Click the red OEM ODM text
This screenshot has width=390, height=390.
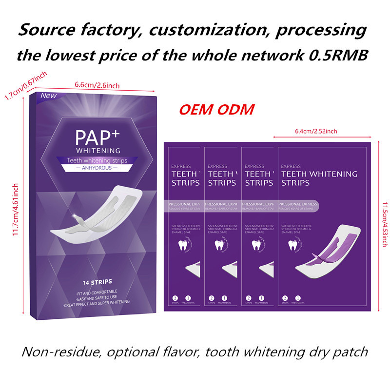click(x=216, y=109)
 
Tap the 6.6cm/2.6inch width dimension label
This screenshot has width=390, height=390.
click(x=97, y=85)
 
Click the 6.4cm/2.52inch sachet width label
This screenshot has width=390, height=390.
click(x=316, y=131)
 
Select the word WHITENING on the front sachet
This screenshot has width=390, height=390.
click(x=334, y=174)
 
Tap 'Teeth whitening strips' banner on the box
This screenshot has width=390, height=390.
click(x=97, y=159)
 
